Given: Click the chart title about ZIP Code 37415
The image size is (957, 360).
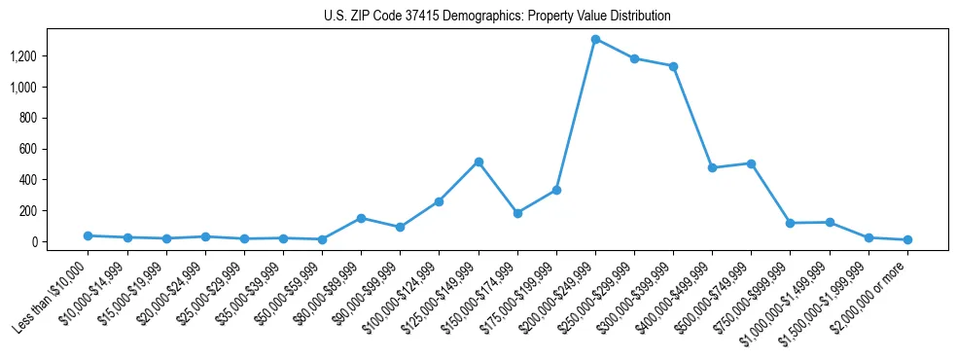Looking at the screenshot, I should coord(497,17).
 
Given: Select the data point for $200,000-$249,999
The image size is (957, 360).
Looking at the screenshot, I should coord(595,40).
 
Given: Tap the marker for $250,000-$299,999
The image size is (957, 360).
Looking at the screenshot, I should coord(634,58).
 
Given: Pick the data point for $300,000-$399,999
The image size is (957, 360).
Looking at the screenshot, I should coord(673,66).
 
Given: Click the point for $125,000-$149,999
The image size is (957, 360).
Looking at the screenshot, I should coord(478,162).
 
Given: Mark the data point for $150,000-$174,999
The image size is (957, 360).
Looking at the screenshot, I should coord(517,213).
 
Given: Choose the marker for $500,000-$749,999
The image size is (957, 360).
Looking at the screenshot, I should coord(751,163).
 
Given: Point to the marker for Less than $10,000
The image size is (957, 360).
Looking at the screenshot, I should coord(89,235).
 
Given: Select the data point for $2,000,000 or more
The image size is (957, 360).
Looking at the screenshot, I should coord(907,239).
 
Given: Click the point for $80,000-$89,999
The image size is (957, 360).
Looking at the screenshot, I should coord(361,218).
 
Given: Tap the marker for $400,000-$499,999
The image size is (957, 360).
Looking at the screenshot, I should coord(712,167).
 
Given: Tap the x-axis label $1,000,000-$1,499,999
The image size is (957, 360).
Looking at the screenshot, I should coord(791,298).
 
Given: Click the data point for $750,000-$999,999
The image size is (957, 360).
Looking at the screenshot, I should coord(790,223).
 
